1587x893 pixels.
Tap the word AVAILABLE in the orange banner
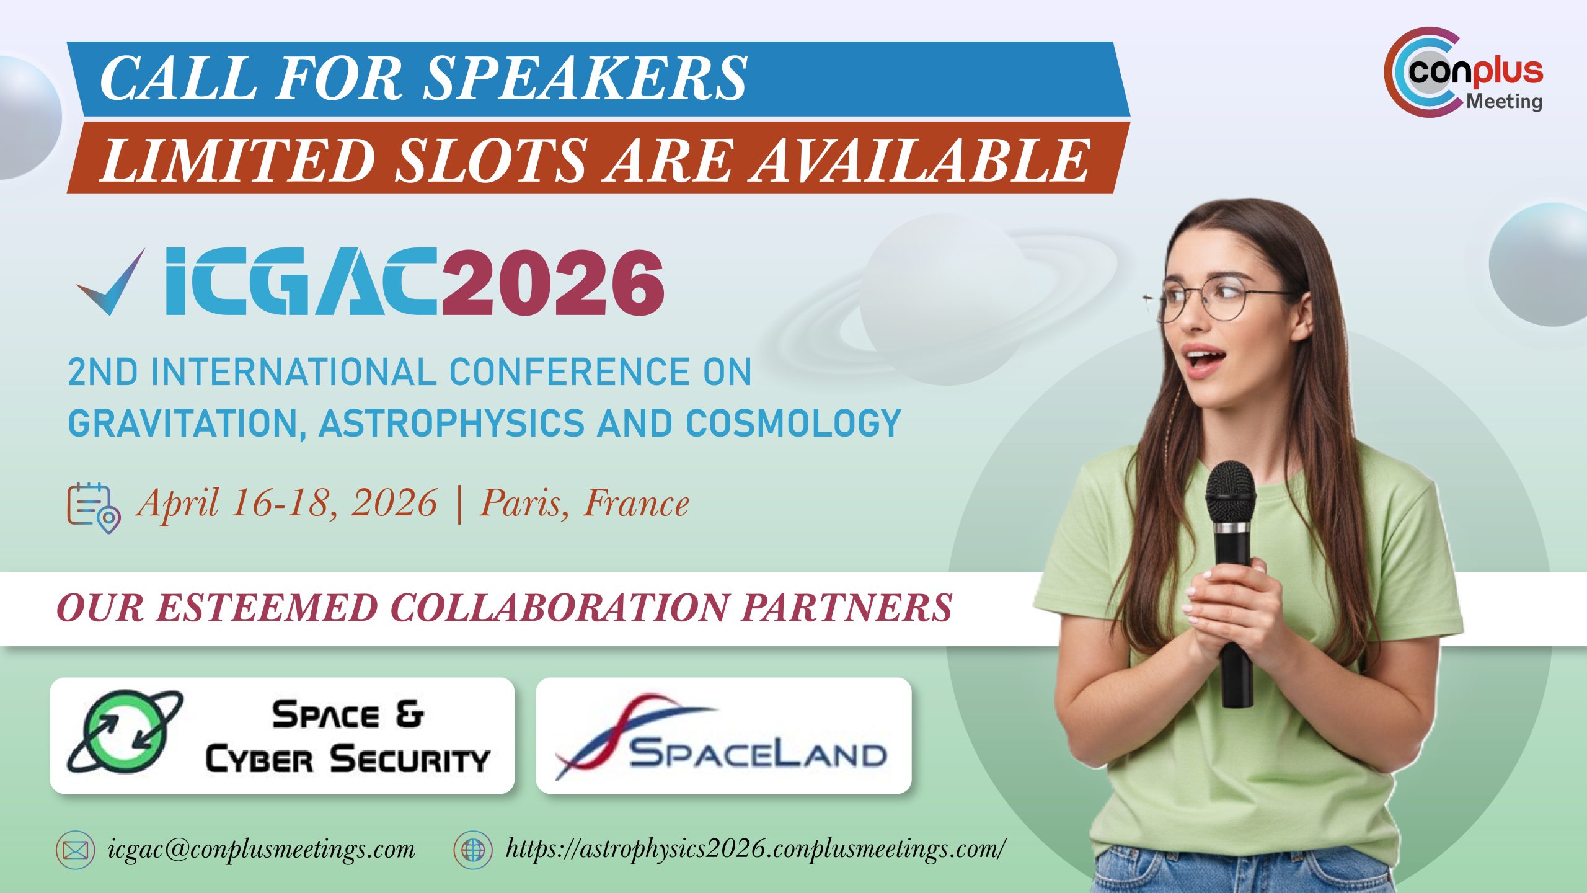[x=921, y=160]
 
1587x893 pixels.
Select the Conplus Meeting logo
[x=1463, y=72]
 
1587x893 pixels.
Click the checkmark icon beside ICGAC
[x=110, y=282]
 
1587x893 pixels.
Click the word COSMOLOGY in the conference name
[x=793, y=423]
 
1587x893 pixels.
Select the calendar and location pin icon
[x=94, y=508]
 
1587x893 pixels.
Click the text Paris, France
[x=584, y=503]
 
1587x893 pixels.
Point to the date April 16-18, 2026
[x=287, y=503]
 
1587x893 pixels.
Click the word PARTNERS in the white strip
[x=847, y=607]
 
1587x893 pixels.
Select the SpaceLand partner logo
[x=723, y=736]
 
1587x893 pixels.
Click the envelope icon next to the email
[x=76, y=850]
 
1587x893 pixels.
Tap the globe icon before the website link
[x=473, y=850]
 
